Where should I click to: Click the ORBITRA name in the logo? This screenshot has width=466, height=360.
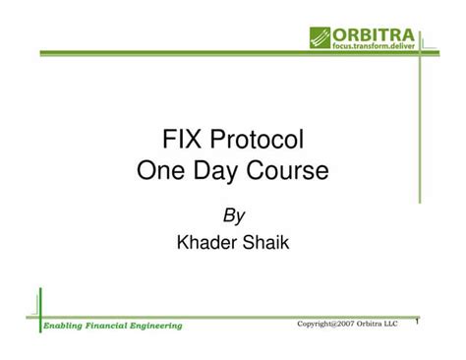click(x=373, y=33)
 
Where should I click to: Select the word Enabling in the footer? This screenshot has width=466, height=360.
click(x=67, y=325)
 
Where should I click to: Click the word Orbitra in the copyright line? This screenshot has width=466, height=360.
click(x=377, y=324)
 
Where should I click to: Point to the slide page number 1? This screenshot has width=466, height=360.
click(x=417, y=321)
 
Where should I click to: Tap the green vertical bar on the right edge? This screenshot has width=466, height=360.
click(x=421, y=118)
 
